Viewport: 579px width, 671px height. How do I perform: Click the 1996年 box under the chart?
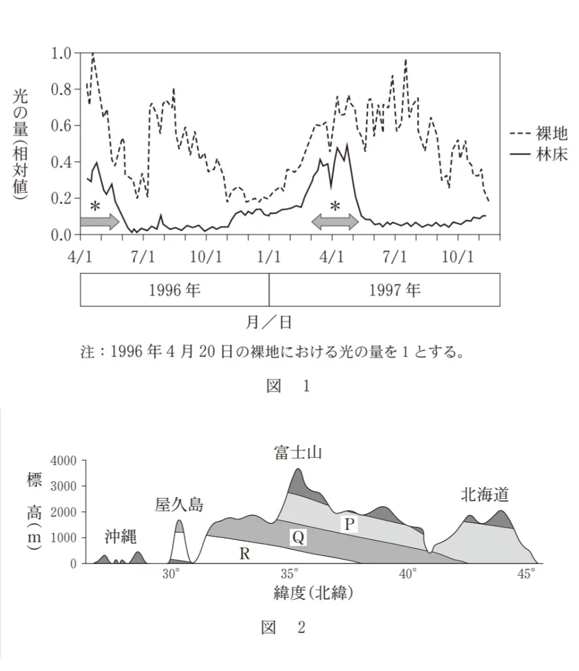[x=174, y=291]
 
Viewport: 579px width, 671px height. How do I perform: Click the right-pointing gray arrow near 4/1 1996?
[x=100, y=222]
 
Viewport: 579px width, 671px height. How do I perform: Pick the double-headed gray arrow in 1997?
[x=335, y=222]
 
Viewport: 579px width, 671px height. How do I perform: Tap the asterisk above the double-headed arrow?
[x=335, y=207]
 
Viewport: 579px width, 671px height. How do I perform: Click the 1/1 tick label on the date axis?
[x=269, y=256]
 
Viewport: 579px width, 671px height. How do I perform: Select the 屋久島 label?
[x=179, y=504]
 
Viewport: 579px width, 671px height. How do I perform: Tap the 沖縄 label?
[x=121, y=537]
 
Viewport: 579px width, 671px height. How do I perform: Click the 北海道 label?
[x=484, y=495]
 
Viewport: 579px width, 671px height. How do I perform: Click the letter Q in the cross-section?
[x=299, y=537]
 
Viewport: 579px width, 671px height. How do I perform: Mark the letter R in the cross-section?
[x=244, y=554]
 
